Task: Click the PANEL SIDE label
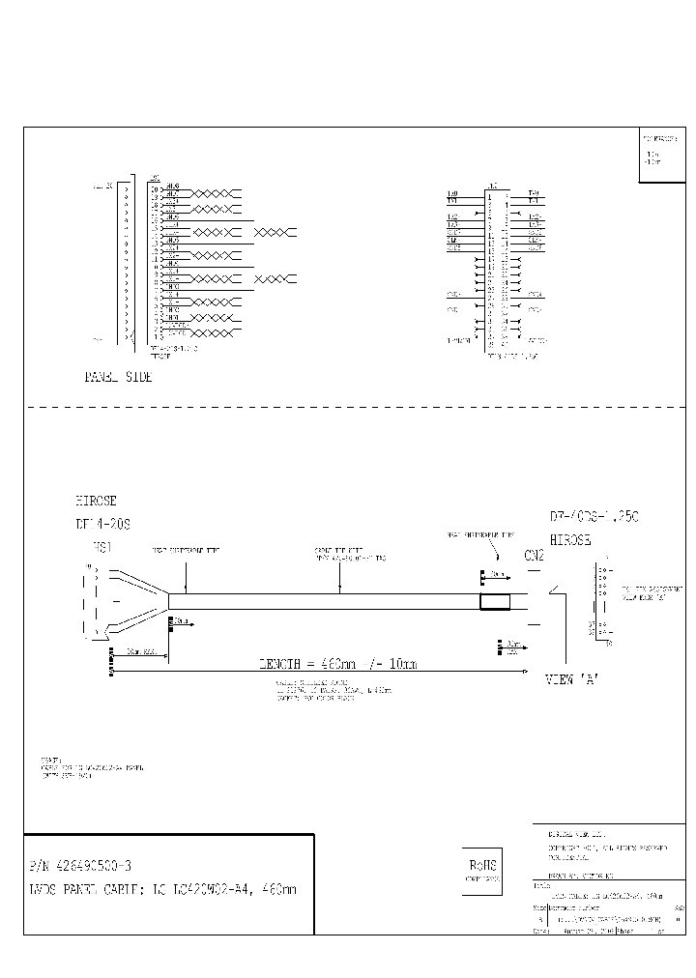coord(118,378)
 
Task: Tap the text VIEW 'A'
coord(573,679)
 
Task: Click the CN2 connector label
coord(534,556)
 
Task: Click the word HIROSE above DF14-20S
coord(96,502)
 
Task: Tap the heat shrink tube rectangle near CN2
coord(495,602)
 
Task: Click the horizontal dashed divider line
coord(348,408)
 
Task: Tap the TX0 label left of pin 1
coord(452,193)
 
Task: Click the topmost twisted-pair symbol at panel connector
coord(213,193)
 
